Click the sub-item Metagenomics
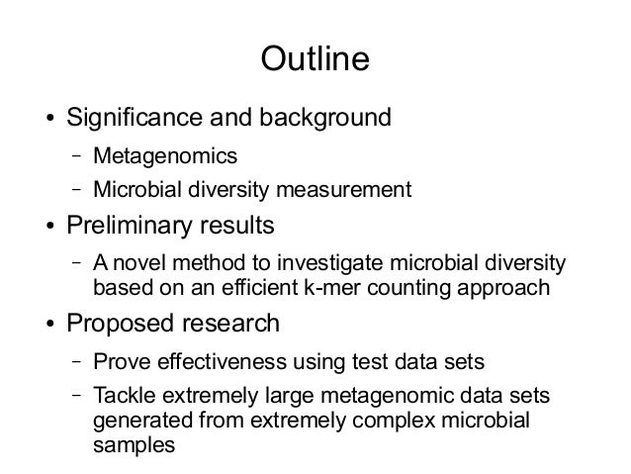click(x=165, y=157)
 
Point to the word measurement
click(x=349, y=189)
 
